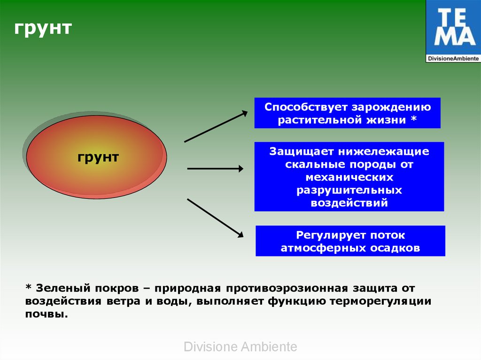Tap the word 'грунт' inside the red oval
coord(98,158)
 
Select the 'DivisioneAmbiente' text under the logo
coord(453,58)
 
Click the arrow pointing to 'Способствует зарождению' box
coord(216,126)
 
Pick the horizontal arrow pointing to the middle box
coord(215,169)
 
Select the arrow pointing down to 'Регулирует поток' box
coord(215,218)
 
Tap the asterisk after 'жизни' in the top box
coord(414,118)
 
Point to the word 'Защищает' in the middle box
coord(301,152)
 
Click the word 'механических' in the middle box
coord(349,177)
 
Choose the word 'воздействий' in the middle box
coord(349,203)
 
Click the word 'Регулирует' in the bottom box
coord(331,236)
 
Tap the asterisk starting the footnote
coord(29,287)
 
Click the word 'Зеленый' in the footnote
coord(63,288)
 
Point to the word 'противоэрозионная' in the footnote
coord(287,289)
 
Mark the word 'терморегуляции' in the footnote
coord(380,301)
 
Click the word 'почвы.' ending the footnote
coord(47,314)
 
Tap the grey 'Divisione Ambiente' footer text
coord(240,347)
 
